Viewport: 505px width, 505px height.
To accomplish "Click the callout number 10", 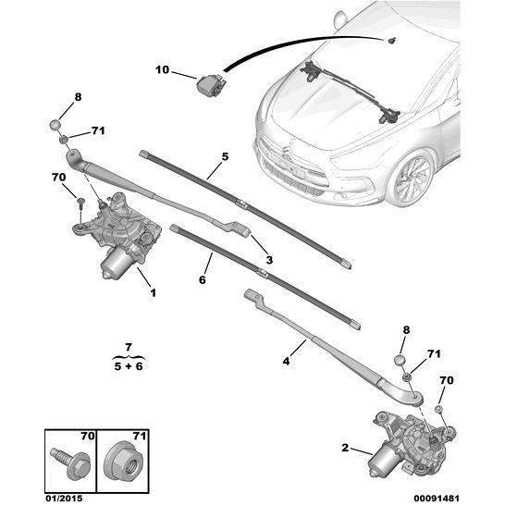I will [163, 70].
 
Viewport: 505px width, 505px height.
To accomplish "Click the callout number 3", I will [269, 260].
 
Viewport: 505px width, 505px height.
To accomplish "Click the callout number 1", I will [153, 293].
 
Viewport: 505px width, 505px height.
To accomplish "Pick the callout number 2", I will [345, 449].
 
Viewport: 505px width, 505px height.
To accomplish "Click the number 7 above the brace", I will [129, 345].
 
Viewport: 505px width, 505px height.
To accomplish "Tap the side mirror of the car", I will [341, 19].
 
